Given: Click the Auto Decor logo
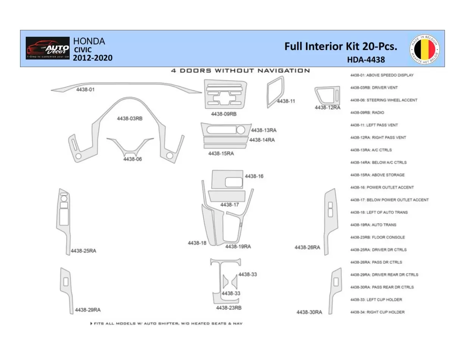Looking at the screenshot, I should pos(48,48).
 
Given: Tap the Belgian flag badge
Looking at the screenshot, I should pos(424,49).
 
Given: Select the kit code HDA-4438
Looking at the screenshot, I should pos(366,59).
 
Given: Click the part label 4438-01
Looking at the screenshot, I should pos(85,89).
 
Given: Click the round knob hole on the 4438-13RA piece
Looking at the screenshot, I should pos(240,130).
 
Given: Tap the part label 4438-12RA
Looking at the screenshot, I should pos(327,108).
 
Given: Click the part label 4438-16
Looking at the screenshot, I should pos(254,176).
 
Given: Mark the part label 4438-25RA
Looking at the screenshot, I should pos(83,251).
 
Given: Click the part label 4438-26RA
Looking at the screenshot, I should pos(307,247).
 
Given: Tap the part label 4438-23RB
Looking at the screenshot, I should pos(229,308).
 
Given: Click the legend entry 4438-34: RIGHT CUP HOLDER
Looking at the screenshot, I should pos(377,312).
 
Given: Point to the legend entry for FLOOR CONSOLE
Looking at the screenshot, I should pos(377,237).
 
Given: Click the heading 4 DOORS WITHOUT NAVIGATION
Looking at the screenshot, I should pos(240,70).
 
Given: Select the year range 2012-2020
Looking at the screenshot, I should pos(92,58).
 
